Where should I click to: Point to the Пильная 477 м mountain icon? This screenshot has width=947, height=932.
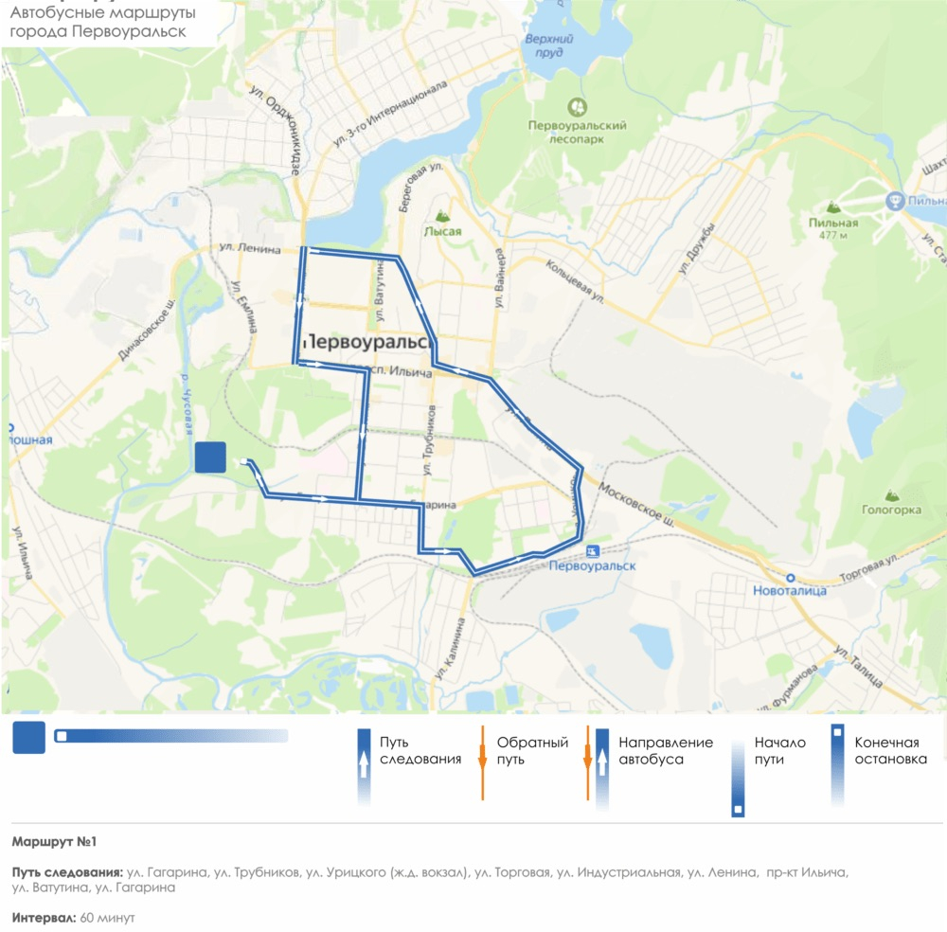(x=833, y=206)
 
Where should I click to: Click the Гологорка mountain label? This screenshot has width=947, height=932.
(x=891, y=510)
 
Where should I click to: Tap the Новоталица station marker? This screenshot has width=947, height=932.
(x=789, y=577)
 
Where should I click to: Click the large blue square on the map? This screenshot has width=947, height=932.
(x=210, y=457)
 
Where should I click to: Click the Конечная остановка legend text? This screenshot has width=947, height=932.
(x=890, y=751)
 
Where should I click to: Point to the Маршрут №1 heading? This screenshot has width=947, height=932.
(x=55, y=841)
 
